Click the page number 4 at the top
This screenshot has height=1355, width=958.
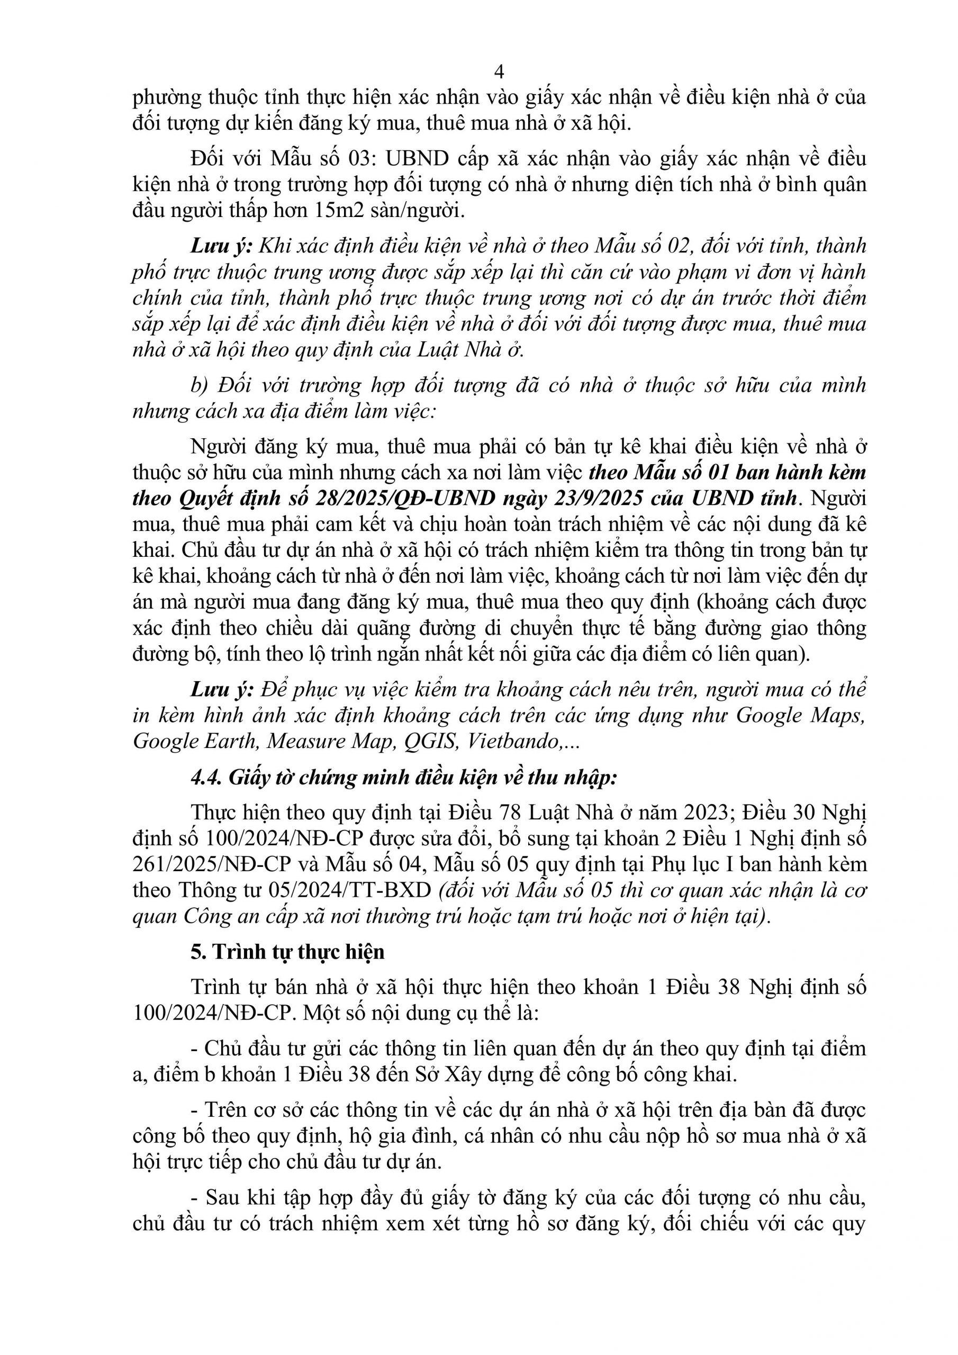click(499, 72)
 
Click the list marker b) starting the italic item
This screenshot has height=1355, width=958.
click(201, 385)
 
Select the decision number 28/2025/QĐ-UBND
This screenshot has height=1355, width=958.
click(405, 499)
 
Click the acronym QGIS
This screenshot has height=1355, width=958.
click(431, 741)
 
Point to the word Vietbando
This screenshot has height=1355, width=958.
click(513, 741)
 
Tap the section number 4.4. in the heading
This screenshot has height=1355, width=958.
click(206, 778)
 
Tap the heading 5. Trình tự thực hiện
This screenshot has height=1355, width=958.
click(287, 951)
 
